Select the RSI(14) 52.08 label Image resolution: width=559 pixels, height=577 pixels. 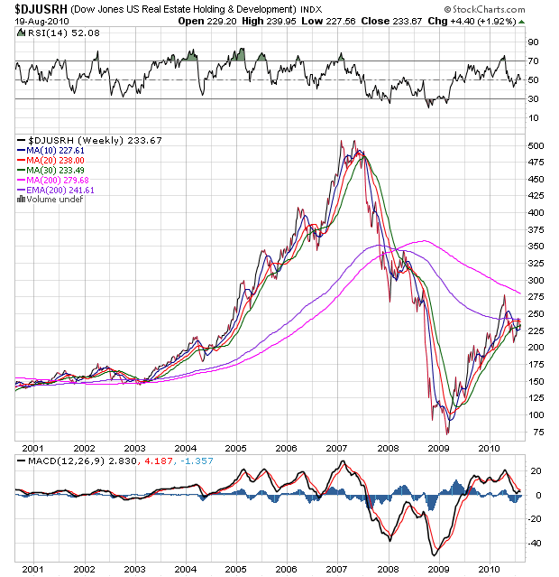point(46,32)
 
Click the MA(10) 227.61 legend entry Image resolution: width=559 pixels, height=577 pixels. point(54,150)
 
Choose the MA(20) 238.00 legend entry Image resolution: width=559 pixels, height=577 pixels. point(54,160)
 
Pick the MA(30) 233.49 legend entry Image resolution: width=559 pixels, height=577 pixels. point(54,170)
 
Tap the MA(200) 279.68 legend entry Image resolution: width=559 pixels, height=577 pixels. point(57,180)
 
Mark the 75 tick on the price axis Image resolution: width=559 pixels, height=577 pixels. point(535,432)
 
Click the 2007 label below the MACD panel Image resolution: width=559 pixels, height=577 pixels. point(336,570)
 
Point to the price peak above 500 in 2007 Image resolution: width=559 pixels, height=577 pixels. point(341,140)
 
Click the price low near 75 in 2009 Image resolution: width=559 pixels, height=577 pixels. point(447,433)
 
